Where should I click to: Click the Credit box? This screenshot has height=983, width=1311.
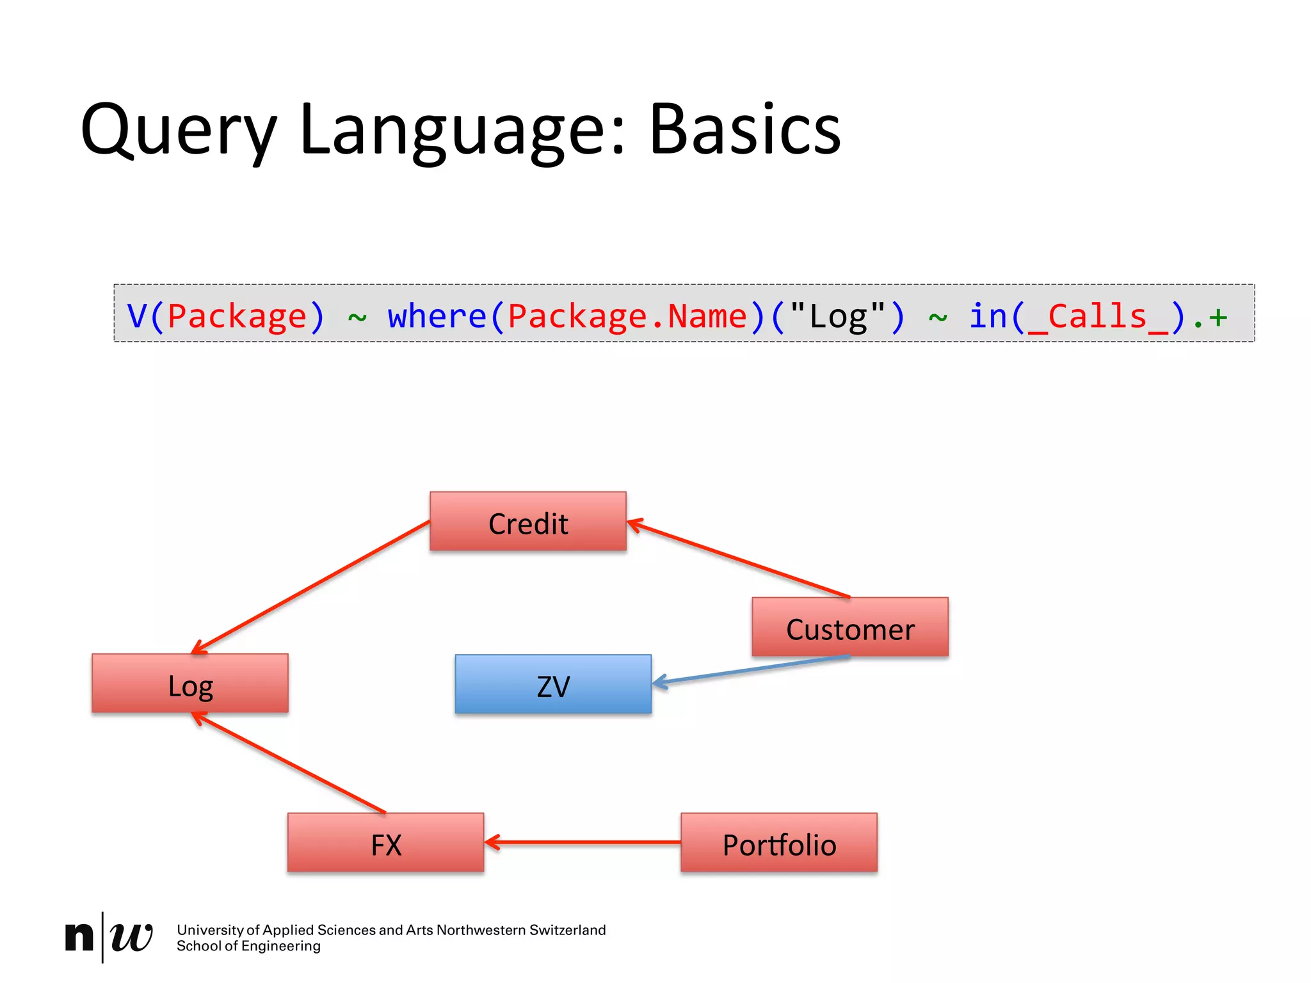click(x=528, y=522)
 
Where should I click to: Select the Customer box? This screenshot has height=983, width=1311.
click(x=850, y=627)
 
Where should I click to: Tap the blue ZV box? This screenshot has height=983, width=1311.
click(x=553, y=684)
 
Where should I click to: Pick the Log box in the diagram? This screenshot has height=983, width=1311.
click(x=190, y=683)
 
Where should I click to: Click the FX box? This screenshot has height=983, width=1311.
click(x=385, y=843)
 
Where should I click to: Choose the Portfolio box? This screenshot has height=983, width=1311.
click(x=779, y=843)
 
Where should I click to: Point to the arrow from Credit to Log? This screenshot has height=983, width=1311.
click(x=310, y=587)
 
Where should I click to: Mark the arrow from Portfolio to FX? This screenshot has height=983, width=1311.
click(x=583, y=842)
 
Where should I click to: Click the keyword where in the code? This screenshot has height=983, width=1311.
click(x=437, y=316)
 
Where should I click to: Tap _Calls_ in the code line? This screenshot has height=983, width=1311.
click(x=1097, y=316)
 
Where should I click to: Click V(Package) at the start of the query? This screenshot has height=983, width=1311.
click(x=226, y=316)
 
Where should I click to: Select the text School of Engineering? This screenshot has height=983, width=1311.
click(x=248, y=946)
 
